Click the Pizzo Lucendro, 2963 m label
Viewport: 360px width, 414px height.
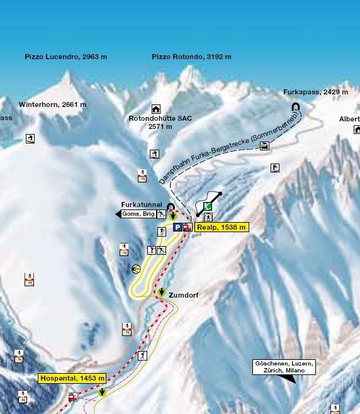(x=66, y=57)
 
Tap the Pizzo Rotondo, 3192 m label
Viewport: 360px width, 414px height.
(x=192, y=57)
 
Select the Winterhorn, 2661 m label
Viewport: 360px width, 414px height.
(x=53, y=104)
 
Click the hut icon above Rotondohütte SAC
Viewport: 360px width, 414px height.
(x=155, y=109)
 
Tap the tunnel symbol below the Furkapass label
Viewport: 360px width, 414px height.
(x=295, y=107)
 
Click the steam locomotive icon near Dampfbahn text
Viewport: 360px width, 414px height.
(x=264, y=146)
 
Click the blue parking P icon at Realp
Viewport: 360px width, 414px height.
(x=177, y=228)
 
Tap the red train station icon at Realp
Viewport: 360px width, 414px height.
(x=187, y=228)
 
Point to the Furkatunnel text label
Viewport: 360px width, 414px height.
(x=142, y=205)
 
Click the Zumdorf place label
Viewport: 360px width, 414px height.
(x=184, y=294)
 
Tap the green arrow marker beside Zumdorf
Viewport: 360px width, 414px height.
(x=162, y=293)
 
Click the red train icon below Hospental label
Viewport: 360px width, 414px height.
(x=73, y=397)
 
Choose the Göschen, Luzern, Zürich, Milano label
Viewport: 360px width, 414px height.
(x=284, y=367)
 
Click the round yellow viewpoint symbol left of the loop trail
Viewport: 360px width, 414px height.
(x=137, y=269)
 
